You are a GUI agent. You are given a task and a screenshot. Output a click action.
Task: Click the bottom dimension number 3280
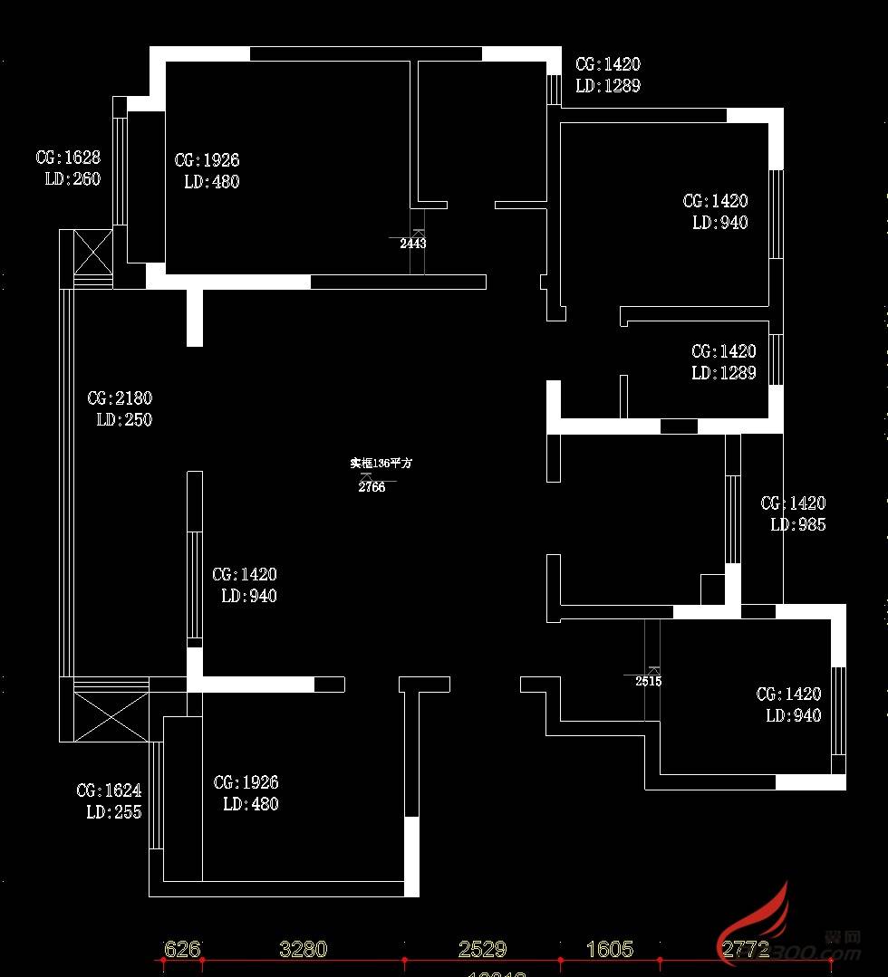pyautogui.click(x=303, y=949)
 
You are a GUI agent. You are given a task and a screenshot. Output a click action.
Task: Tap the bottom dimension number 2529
pyautogui.click(x=482, y=949)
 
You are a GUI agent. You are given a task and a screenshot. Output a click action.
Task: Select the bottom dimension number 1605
pyautogui.click(x=610, y=949)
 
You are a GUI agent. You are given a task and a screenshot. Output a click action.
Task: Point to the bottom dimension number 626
pyautogui.click(x=182, y=949)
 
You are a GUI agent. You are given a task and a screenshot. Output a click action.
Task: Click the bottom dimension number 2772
pyautogui.click(x=746, y=949)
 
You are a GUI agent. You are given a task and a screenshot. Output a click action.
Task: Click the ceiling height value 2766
pyautogui.click(x=372, y=487)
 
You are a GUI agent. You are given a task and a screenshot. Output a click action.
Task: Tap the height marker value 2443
pyautogui.click(x=412, y=244)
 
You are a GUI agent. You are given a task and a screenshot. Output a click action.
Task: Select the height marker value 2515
pyautogui.click(x=648, y=682)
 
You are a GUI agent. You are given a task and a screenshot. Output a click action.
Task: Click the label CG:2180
pyautogui.click(x=120, y=398)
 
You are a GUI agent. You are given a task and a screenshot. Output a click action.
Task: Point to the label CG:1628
pyautogui.click(x=68, y=158)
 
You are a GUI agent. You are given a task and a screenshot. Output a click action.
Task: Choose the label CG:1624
pyautogui.click(x=109, y=790)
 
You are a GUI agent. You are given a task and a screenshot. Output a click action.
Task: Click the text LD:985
pyautogui.click(x=797, y=524)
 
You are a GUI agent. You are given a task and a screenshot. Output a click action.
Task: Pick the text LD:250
pyautogui.click(x=124, y=419)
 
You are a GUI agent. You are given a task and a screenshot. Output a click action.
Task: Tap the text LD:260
pyautogui.click(x=72, y=178)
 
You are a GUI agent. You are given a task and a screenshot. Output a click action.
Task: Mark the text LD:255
pyautogui.click(x=113, y=812)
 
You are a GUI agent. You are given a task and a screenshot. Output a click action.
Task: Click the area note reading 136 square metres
pyautogui.click(x=381, y=463)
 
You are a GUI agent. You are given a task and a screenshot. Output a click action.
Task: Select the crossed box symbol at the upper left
pyautogui.click(x=92, y=253)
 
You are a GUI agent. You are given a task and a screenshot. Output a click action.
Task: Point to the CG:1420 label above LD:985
pyautogui.click(x=793, y=503)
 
